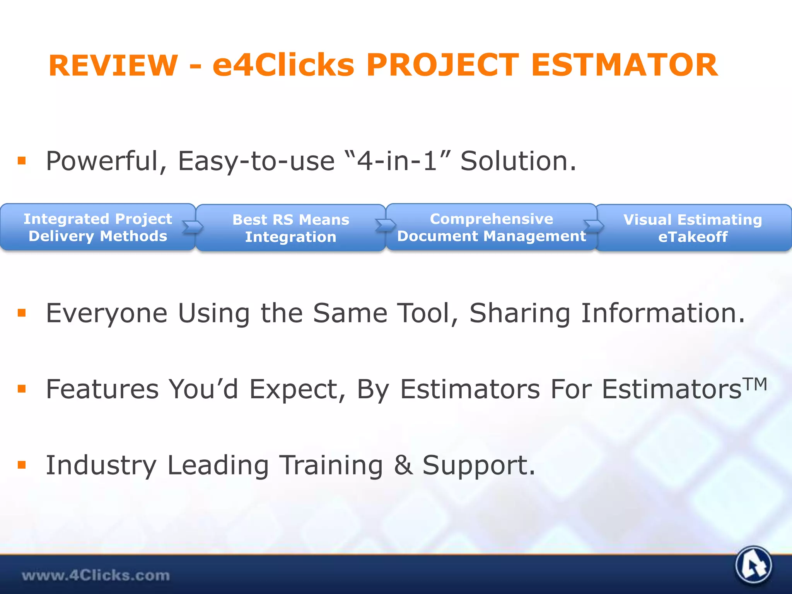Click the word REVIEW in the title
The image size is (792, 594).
(113, 65)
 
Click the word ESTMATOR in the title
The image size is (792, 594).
(624, 65)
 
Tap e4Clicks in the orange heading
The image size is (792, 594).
(283, 65)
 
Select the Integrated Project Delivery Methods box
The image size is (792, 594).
(97, 227)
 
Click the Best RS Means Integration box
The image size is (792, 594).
(290, 228)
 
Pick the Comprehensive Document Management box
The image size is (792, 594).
(491, 227)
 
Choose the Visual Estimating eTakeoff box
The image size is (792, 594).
(693, 228)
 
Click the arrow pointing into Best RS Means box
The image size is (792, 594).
(192, 227)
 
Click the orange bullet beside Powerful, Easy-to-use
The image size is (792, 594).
(22, 160)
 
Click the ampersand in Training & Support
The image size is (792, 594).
(403, 465)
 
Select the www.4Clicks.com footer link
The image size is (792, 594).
(96, 575)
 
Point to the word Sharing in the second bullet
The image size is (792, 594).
(520, 313)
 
